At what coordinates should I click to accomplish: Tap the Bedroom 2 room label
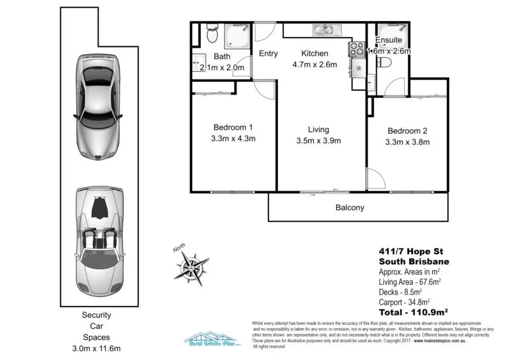coord(407,131)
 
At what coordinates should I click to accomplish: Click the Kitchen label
coord(314,53)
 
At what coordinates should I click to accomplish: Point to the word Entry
coord(268,53)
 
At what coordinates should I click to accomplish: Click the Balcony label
coord(349,207)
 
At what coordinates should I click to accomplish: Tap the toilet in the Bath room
coord(213,35)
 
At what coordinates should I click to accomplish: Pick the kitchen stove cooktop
coord(355,50)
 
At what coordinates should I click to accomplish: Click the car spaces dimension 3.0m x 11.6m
coord(97,349)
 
